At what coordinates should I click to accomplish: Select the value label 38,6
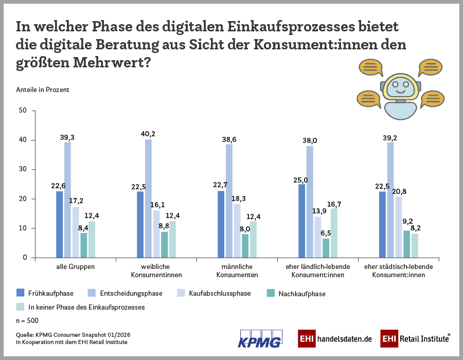pos(229,139)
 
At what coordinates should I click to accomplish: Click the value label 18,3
pos(238,199)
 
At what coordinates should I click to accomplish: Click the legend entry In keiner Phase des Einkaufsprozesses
pos(86,307)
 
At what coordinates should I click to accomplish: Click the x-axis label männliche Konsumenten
pos(237,271)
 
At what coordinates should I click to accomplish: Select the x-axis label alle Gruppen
pos(76,267)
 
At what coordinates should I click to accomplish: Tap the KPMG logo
pos(261,338)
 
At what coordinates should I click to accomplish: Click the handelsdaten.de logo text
pos(345,339)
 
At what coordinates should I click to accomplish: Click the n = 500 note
pos(28,320)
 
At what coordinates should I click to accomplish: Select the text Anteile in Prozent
pos(43,89)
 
